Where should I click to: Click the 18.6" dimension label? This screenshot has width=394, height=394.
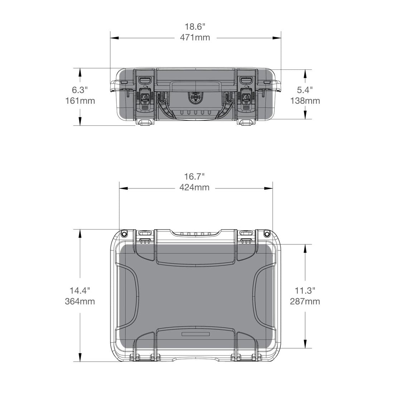point(195,27)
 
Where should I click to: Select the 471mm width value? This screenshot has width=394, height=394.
point(195,38)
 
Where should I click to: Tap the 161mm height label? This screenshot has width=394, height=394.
point(80,101)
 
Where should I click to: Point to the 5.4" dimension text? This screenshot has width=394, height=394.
point(305,90)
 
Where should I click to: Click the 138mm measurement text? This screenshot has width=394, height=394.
point(305,101)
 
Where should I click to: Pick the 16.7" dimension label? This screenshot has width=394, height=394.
point(195,176)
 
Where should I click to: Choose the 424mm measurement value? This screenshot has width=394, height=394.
point(194,187)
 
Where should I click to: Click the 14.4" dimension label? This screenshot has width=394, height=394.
point(80,290)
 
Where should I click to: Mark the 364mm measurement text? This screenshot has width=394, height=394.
point(80,301)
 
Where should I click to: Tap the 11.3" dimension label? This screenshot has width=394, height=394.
point(305,290)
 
